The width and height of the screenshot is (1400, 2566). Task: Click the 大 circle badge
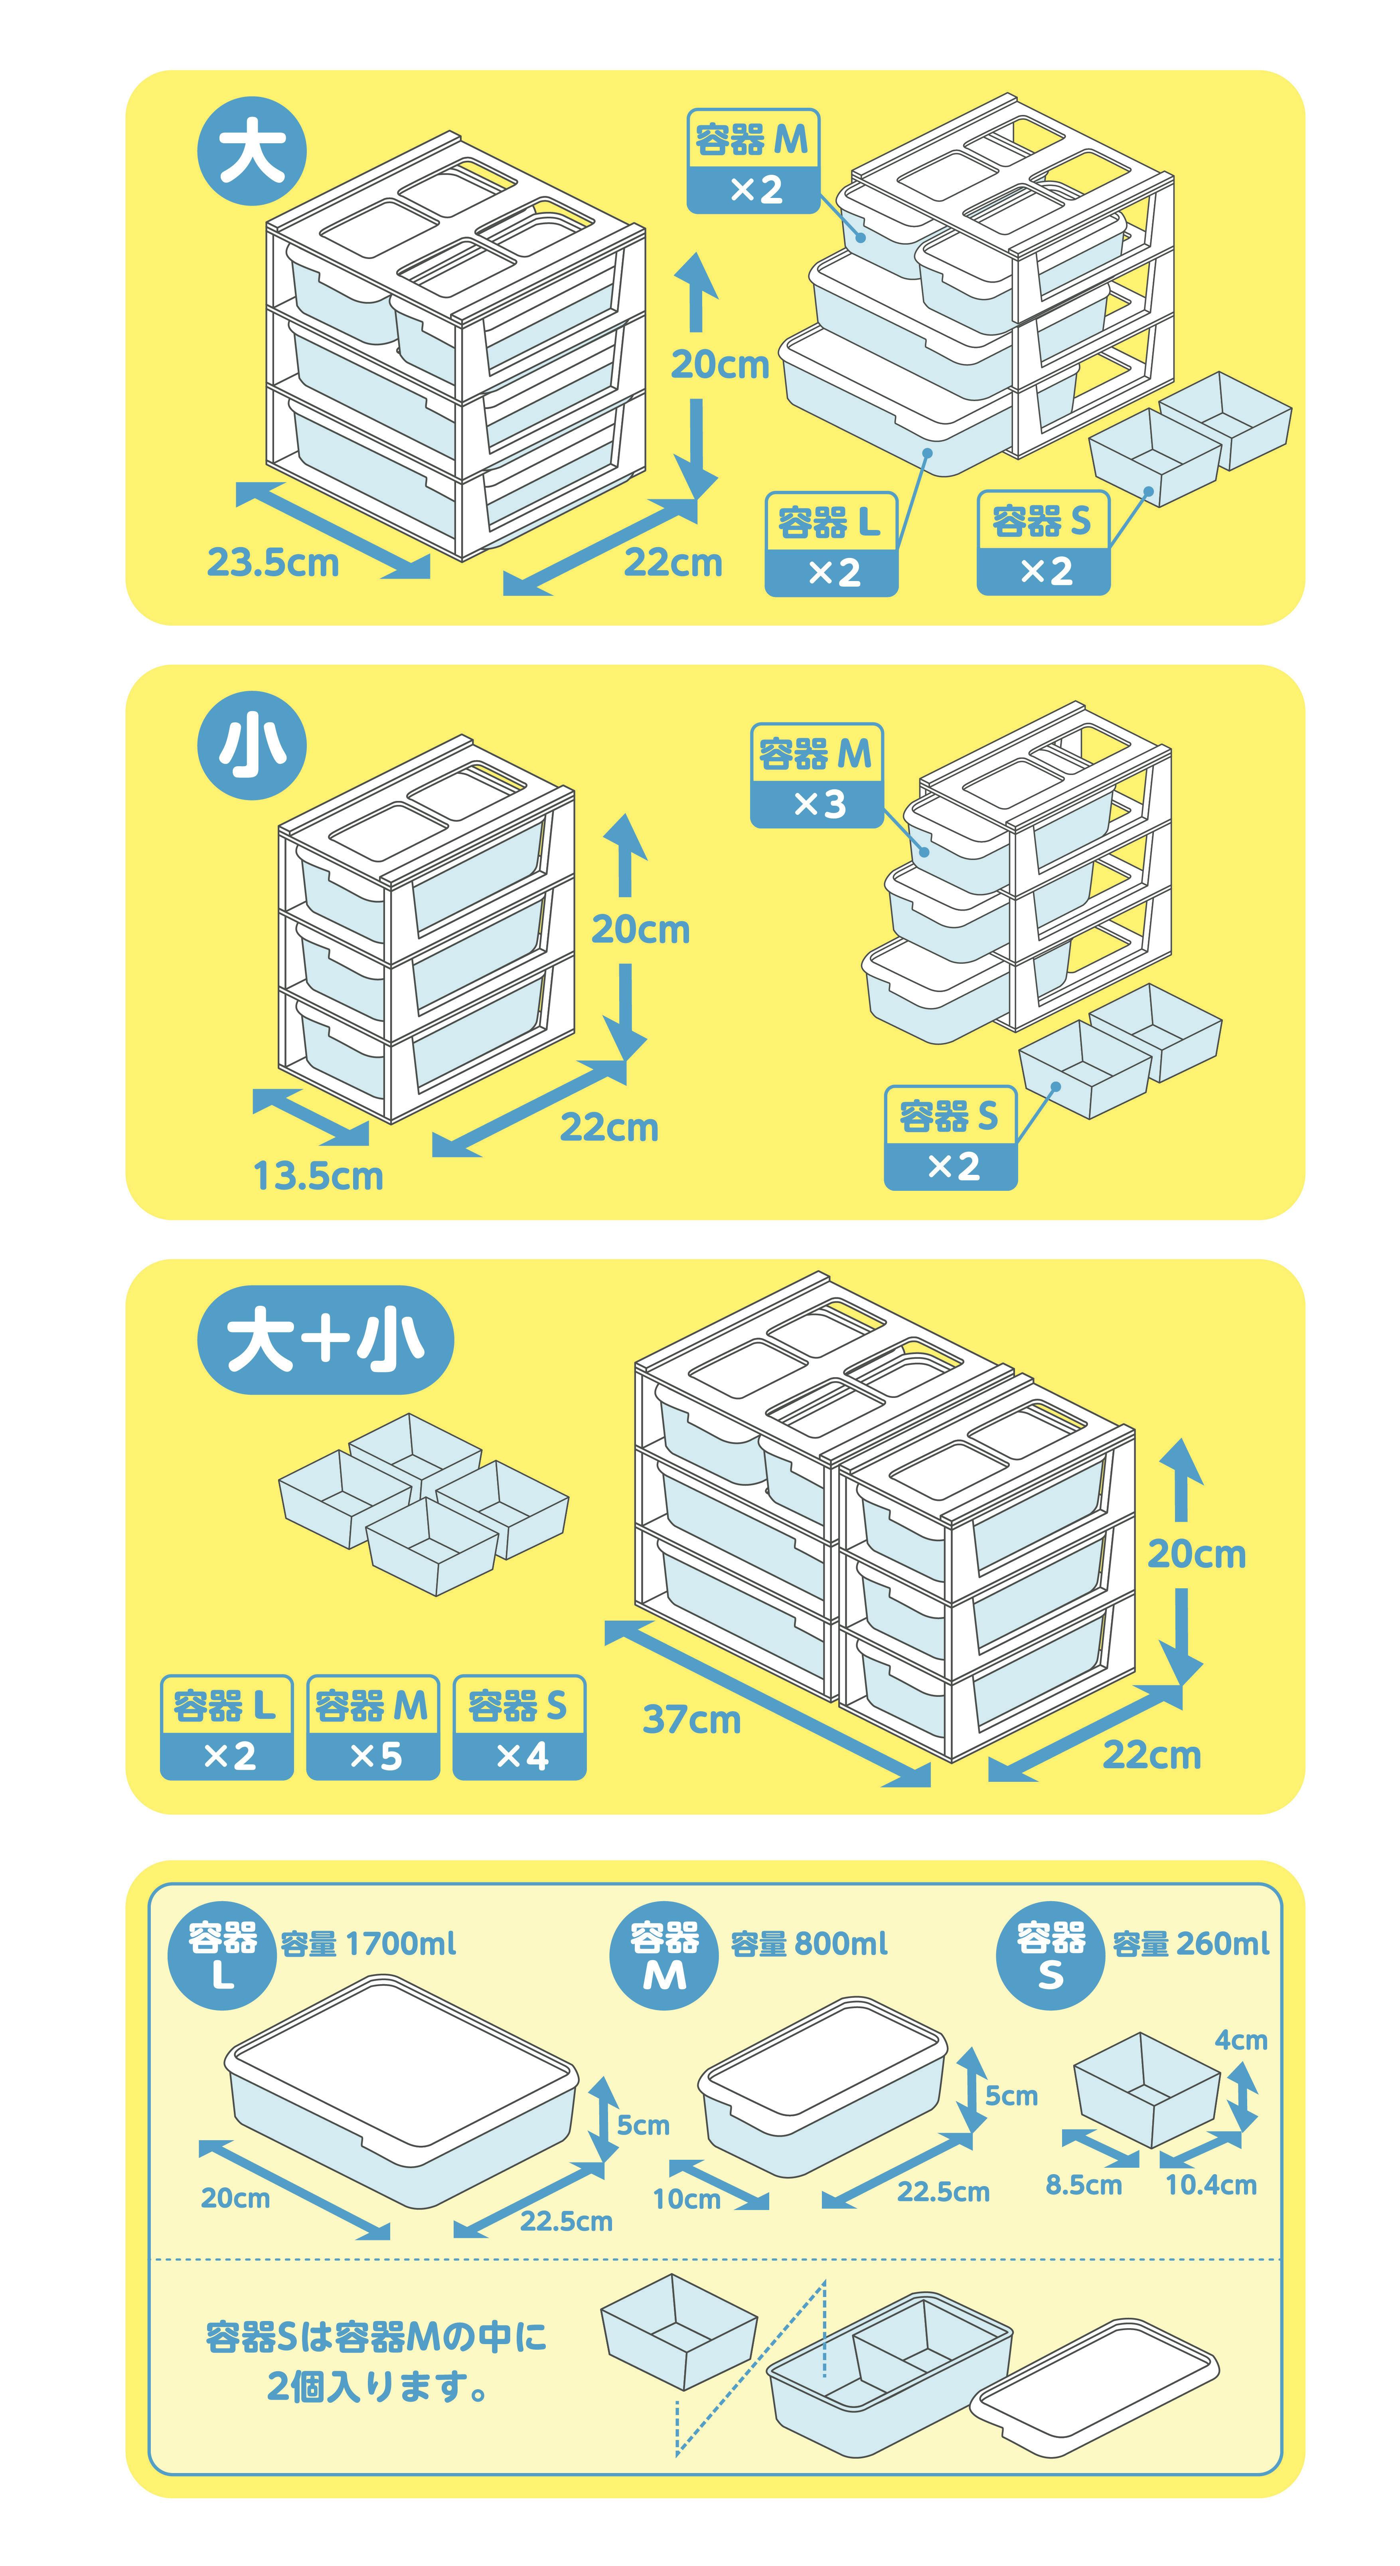point(252,152)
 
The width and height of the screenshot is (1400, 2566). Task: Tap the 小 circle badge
point(252,746)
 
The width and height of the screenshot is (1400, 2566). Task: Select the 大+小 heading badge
point(326,1340)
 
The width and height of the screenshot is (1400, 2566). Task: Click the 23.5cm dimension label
point(273,563)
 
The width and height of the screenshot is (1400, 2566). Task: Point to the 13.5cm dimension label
point(318,1176)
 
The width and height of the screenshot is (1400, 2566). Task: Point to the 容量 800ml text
point(809,1943)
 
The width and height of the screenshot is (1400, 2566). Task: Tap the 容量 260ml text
point(1191,1943)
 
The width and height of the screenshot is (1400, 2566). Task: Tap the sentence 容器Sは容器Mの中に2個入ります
point(376,2361)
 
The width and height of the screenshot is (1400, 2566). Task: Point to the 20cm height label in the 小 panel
point(640,929)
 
